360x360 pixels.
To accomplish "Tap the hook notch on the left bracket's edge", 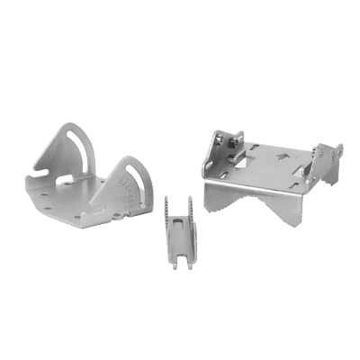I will [x=41, y=167].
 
